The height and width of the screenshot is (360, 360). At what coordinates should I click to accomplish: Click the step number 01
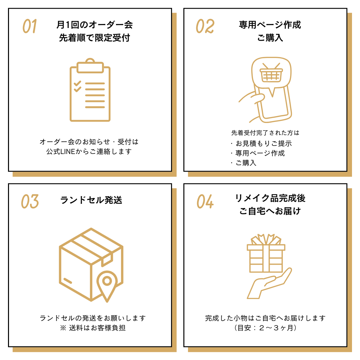pos(30,26)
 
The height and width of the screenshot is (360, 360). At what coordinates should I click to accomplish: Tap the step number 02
pos(205,26)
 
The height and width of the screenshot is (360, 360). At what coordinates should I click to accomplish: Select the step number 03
pos(30,201)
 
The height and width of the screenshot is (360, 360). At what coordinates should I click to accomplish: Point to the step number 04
pos(205,201)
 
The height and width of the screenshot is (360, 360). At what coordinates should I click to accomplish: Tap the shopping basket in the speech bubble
pos(271,74)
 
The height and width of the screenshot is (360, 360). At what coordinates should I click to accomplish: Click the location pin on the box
pos(107,283)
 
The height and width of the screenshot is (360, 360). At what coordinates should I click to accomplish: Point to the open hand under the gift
pos(268,283)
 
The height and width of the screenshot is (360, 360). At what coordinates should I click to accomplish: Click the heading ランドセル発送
pos(91,200)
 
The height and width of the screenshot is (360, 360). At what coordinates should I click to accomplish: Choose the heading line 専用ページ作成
pos(270,25)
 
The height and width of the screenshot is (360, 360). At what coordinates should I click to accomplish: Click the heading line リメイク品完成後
pos(270,198)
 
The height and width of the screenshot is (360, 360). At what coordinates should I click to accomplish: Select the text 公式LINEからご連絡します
pos(89,152)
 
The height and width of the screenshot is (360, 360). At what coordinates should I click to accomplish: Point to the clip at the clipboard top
pos(90,66)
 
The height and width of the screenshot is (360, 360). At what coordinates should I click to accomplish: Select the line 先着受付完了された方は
pos(265,133)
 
